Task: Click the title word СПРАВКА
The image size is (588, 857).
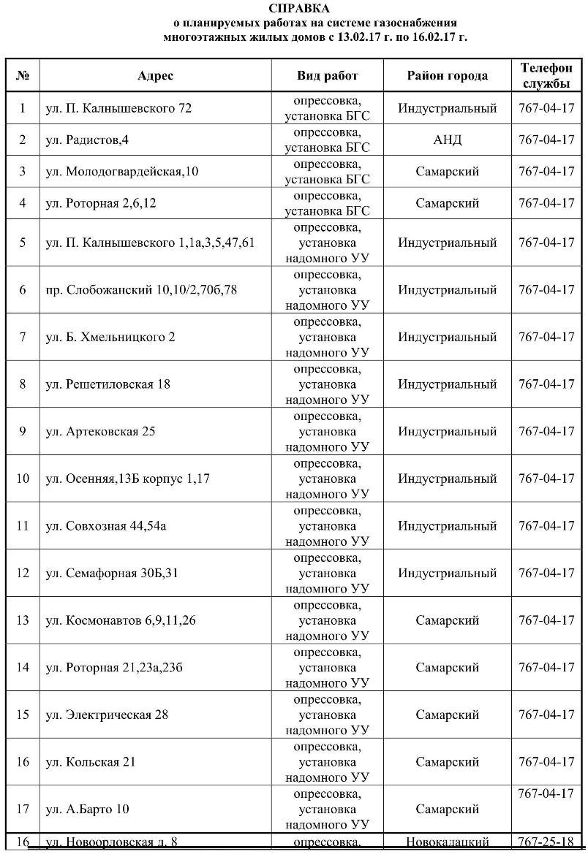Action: [299, 9]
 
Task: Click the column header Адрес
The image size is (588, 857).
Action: [155, 76]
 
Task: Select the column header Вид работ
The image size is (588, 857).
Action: [328, 76]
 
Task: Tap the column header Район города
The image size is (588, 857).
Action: [447, 76]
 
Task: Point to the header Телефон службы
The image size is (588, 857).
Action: [546, 75]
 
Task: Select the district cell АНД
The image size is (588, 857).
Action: [447, 140]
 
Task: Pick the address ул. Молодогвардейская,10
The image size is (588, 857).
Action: [121, 172]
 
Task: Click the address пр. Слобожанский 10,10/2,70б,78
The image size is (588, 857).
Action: [141, 290]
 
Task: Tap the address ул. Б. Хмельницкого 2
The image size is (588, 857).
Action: [110, 337]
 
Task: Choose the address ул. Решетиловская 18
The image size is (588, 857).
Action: [108, 384]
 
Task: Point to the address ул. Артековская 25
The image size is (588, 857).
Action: [100, 431]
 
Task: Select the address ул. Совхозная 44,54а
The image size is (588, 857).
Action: [106, 526]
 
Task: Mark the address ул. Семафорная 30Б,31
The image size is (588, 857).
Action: [112, 573]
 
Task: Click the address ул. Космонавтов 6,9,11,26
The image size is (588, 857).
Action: [121, 620]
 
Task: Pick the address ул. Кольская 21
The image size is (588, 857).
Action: [91, 762]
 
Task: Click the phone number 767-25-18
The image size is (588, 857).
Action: [546, 842]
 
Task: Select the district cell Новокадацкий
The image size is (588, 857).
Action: [447, 842]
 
